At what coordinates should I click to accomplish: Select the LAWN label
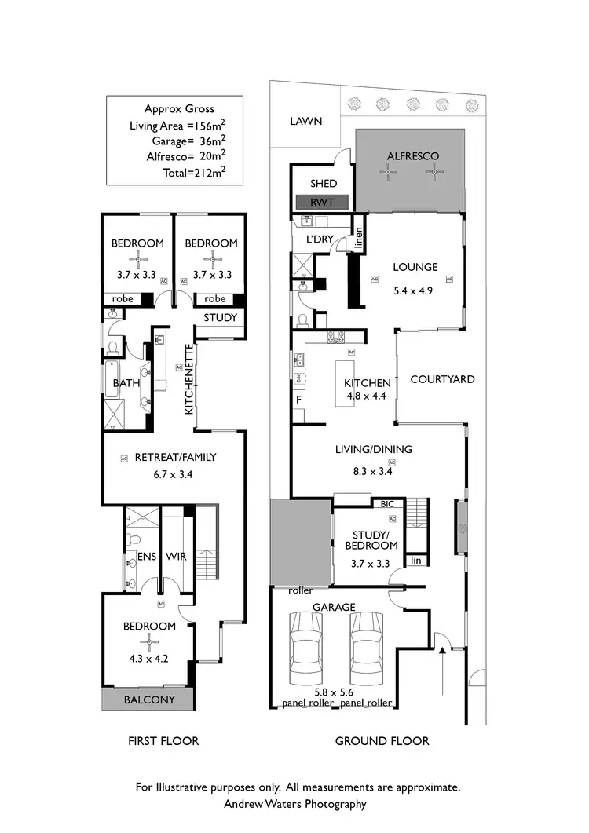click(x=305, y=121)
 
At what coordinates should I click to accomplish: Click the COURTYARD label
click(x=443, y=379)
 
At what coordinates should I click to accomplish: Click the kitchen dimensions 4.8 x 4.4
click(x=368, y=396)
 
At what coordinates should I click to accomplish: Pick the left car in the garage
click(x=305, y=649)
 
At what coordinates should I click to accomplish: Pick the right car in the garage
click(x=366, y=649)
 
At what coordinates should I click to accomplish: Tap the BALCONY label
click(x=149, y=699)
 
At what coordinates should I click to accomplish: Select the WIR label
click(x=176, y=557)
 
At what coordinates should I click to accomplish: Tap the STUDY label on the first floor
click(x=220, y=318)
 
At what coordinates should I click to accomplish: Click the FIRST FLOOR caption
click(x=163, y=740)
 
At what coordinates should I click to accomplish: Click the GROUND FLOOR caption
click(x=382, y=740)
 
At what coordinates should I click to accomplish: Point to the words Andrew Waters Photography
click(x=295, y=803)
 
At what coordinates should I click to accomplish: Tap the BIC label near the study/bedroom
click(x=387, y=504)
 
